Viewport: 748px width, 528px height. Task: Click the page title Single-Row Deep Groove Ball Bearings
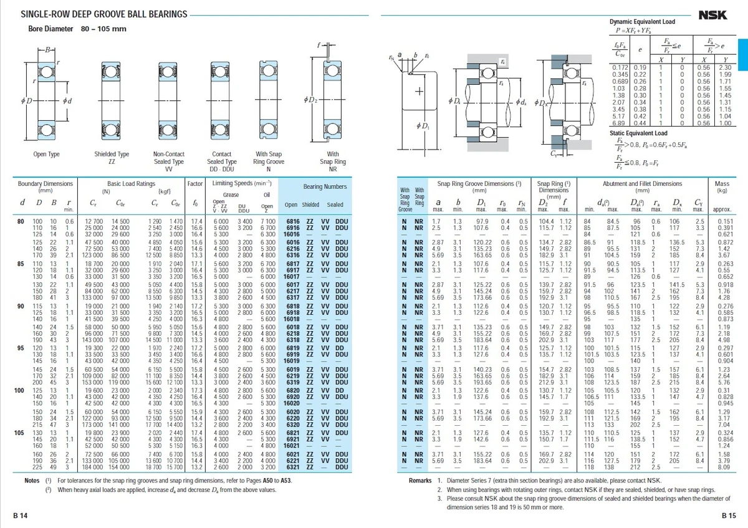click(x=103, y=14)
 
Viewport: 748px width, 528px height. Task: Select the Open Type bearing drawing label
click(x=47, y=153)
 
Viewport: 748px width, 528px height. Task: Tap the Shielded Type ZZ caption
click(x=112, y=157)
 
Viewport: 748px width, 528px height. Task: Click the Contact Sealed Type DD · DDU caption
click(x=222, y=161)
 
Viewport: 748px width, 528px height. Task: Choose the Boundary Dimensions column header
click(x=45, y=188)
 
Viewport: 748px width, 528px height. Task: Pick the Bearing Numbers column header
click(x=325, y=187)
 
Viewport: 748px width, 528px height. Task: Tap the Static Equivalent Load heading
click(x=638, y=133)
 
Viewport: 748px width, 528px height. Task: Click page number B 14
click(x=21, y=515)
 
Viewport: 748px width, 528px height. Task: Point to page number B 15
click(x=729, y=515)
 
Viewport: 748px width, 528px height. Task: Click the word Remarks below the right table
click(x=421, y=481)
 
